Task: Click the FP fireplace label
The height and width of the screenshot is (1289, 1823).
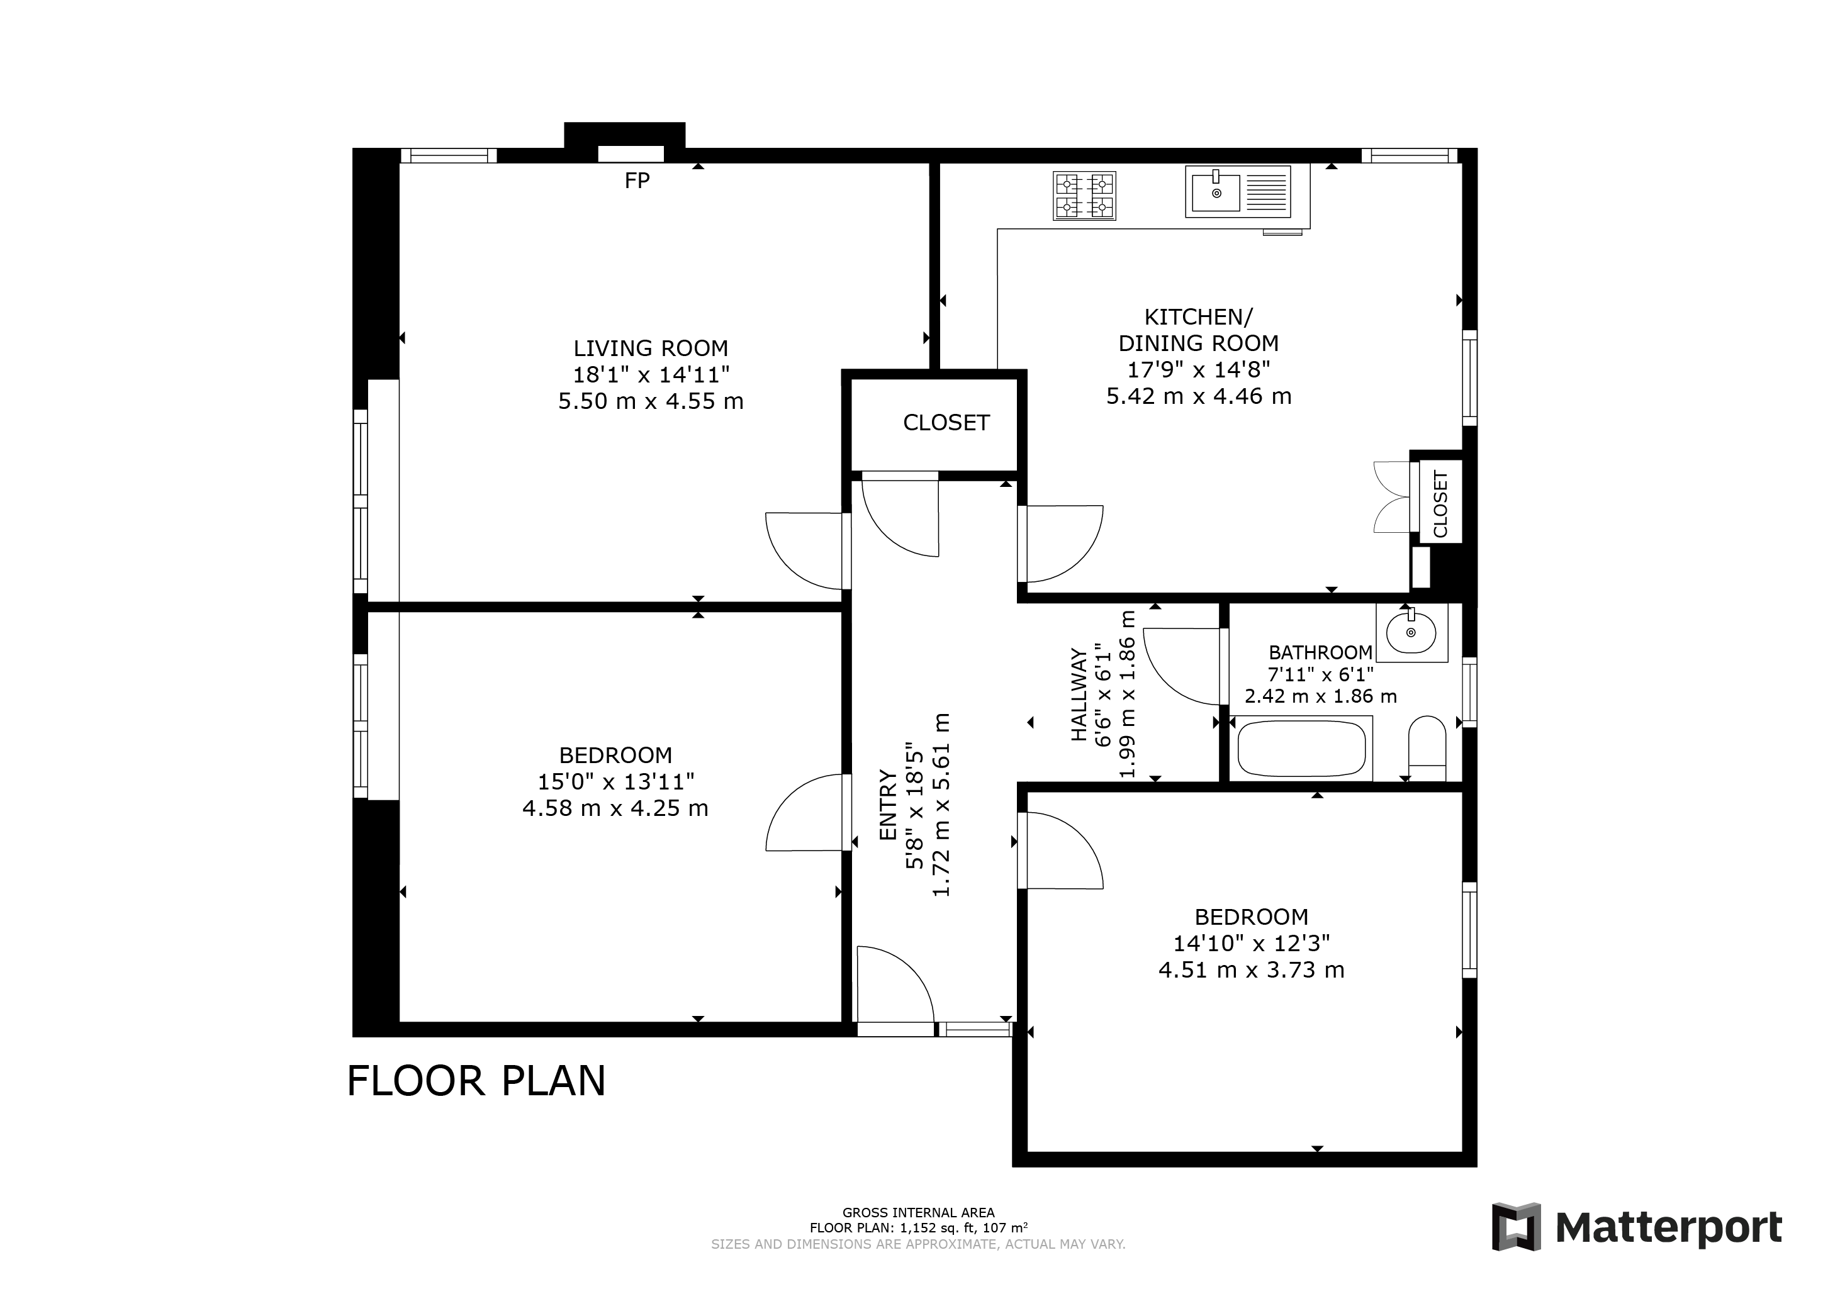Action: pos(637,181)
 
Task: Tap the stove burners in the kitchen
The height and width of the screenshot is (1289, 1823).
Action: pos(1085,196)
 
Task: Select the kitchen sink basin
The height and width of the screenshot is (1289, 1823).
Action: pos(1214,192)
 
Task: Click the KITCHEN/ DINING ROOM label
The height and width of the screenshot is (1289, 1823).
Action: pos(1198,330)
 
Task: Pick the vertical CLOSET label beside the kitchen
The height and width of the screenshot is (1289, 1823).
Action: pos(1440,504)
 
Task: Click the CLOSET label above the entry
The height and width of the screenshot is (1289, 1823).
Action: pos(946,423)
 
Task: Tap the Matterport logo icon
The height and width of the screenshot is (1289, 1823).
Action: pos(1516,1227)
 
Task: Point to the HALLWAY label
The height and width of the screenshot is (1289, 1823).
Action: pos(1078,695)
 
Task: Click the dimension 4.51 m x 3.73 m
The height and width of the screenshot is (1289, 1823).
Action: pos(1252,970)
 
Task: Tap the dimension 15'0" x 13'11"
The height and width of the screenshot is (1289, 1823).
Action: pos(616,782)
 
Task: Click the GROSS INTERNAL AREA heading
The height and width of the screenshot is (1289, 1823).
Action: pos(919,1213)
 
